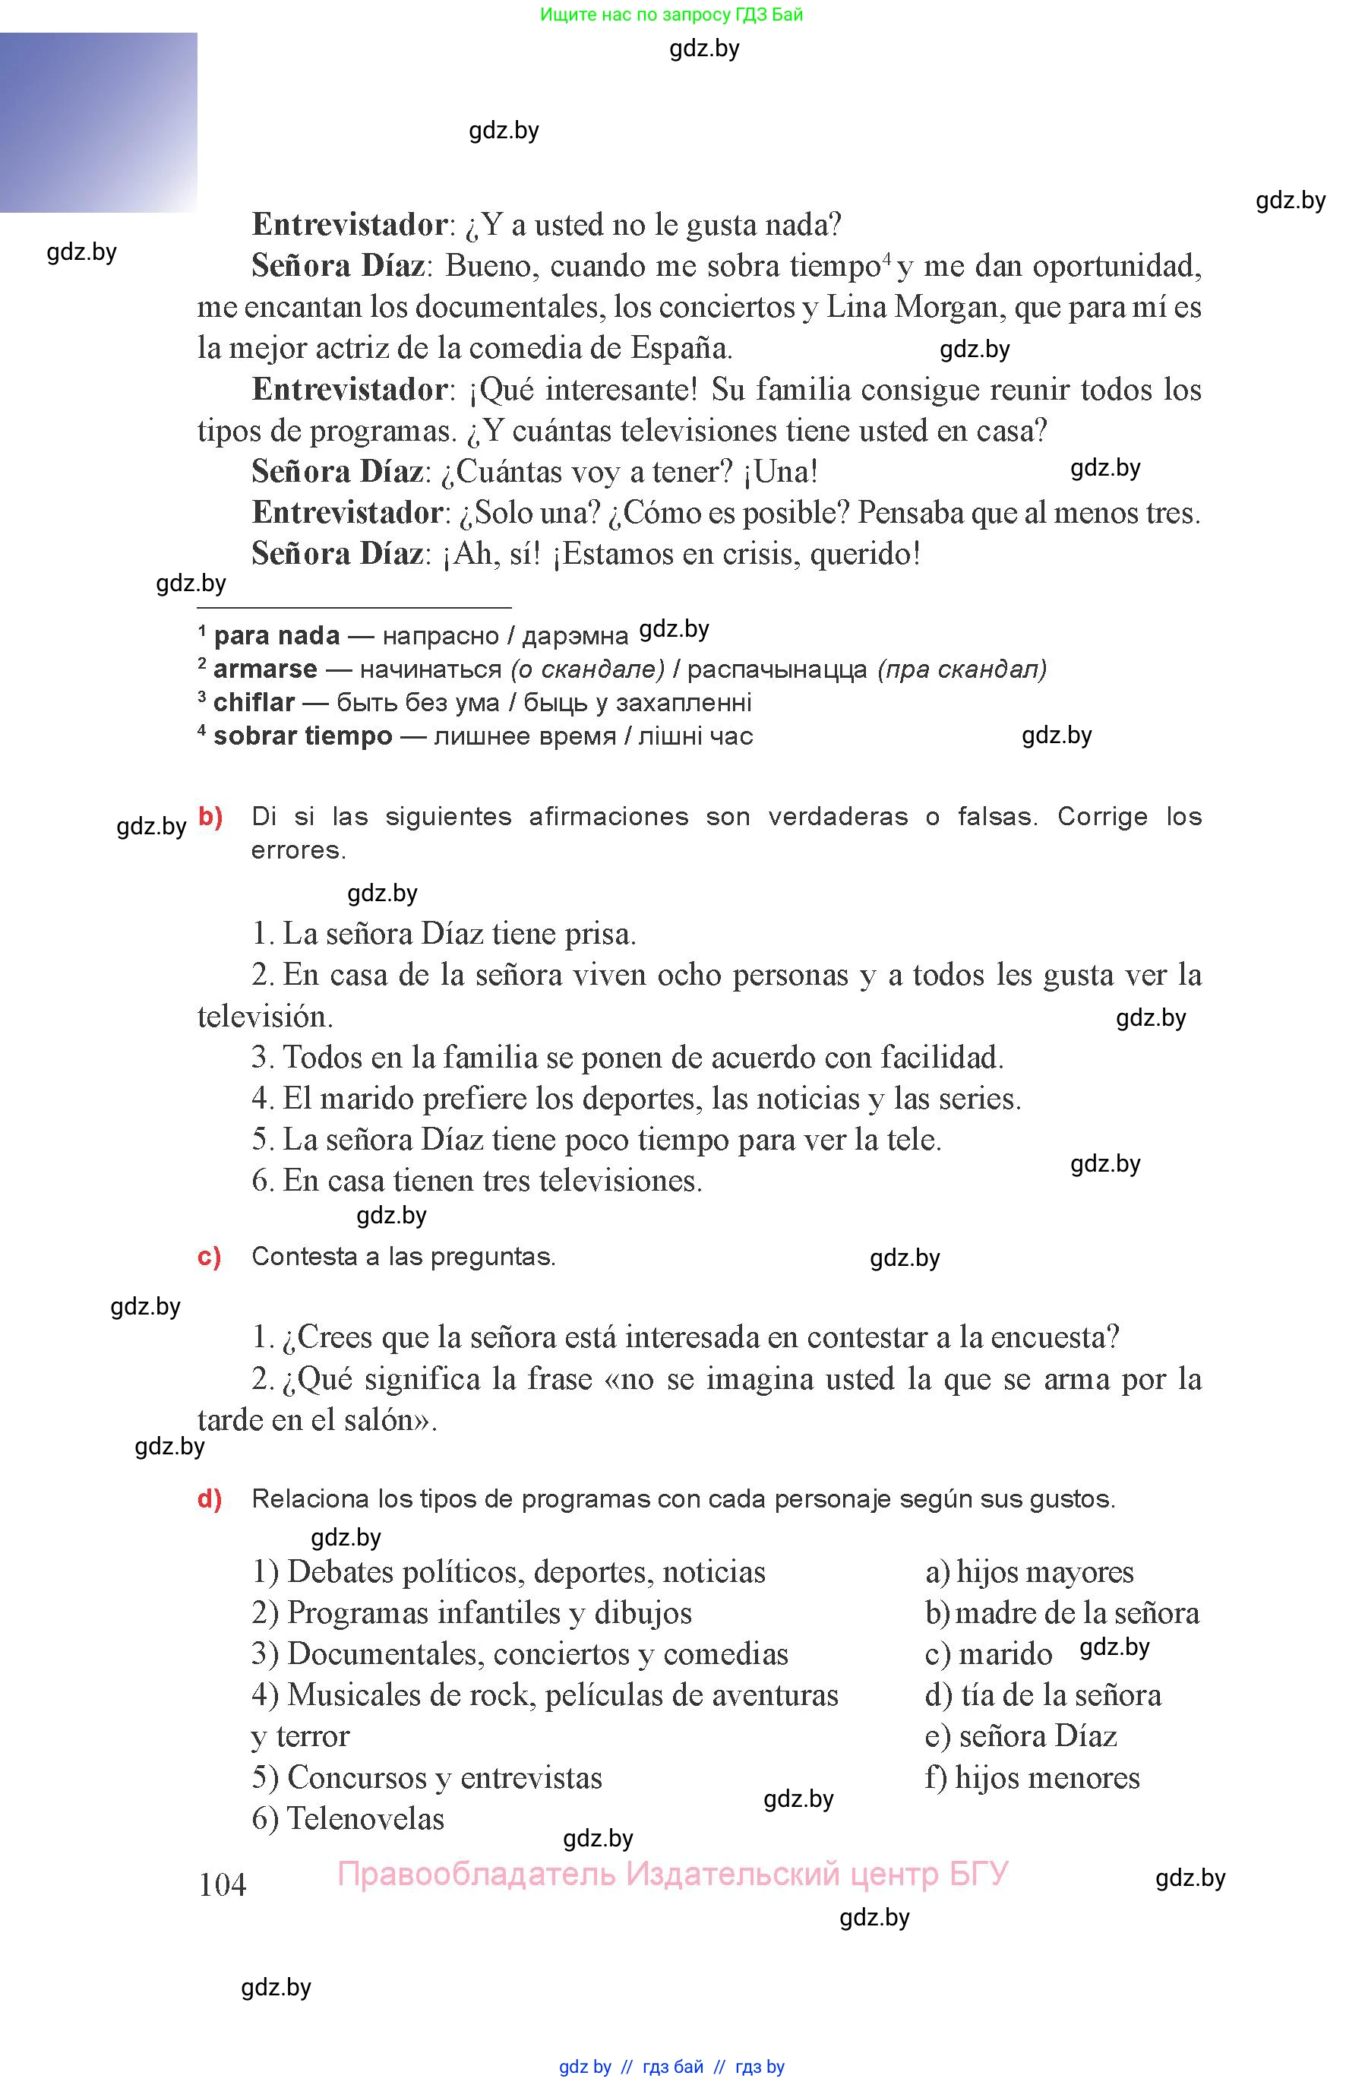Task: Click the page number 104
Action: (x=222, y=1885)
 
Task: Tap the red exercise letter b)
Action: (x=210, y=817)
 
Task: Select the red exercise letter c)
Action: (x=209, y=1256)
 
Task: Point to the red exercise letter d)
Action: (x=209, y=1498)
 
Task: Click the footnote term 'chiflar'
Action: (x=254, y=702)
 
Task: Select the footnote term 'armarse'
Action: (x=265, y=669)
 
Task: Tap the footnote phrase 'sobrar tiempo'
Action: (x=302, y=736)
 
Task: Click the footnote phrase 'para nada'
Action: (x=276, y=635)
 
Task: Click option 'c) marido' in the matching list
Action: (x=988, y=1654)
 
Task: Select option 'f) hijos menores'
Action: (x=1032, y=1777)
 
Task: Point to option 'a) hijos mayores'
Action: (x=1028, y=1572)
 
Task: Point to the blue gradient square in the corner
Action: (x=98, y=122)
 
